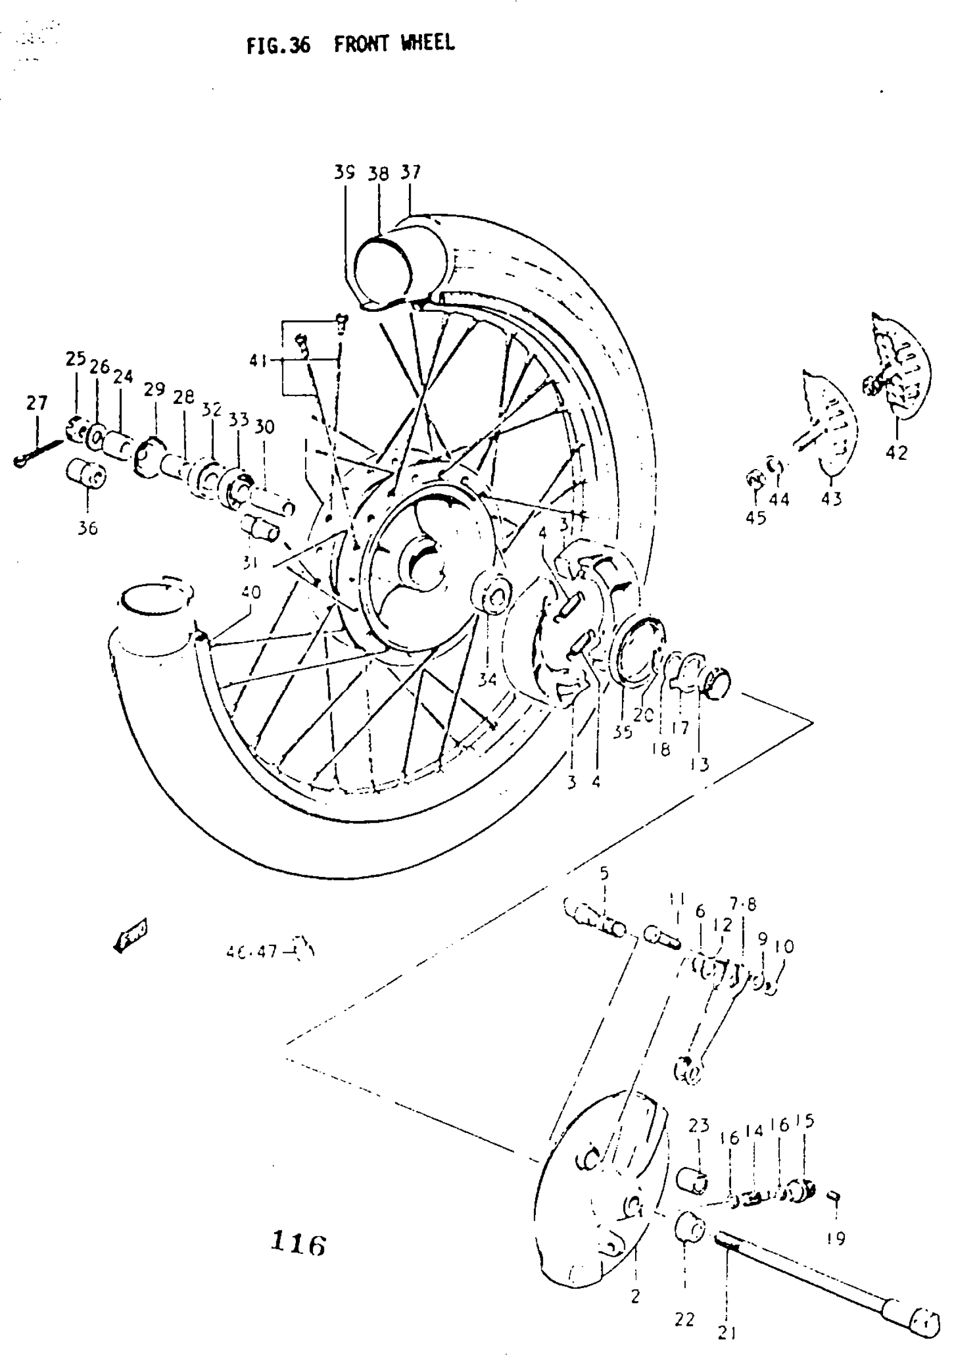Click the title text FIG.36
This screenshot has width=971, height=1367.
(x=279, y=45)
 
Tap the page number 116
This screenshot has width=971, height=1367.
(x=298, y=1244)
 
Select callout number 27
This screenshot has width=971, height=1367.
(x=37, y=403)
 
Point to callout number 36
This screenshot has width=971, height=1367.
(x=87, y=528)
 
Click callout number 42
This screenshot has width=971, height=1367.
(x=896, y=452)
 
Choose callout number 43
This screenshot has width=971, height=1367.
(x=831, y=498)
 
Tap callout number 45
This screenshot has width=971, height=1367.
(x=756, y=517)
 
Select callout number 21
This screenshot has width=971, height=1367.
(x=727, y=1332)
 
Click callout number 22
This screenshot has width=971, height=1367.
(x=685, y=1319)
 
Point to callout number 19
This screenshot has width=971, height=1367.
(x=836, y=1239)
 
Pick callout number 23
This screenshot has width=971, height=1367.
(x=699, y=1126)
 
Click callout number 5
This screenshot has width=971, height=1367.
(x=604, y=873)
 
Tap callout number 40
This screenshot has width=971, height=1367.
(x=251, y=592)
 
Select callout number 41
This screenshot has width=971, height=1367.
(x=258, y=360)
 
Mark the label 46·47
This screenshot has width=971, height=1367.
(x=252, y=951)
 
